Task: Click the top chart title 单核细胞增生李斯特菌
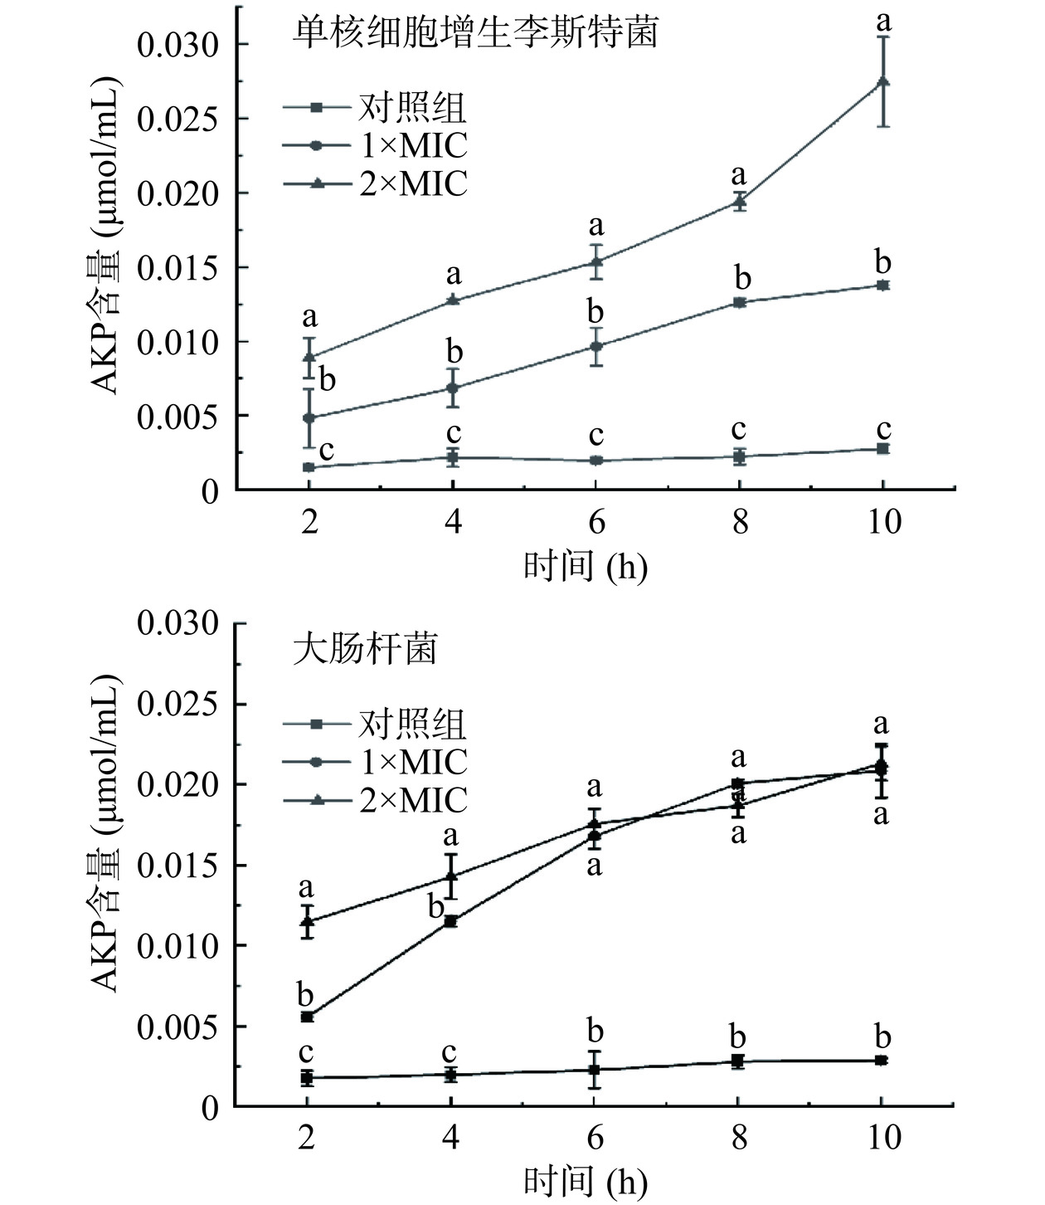coord(476,32)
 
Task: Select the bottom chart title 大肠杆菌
coord(366,648)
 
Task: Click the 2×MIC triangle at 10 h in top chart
coord(883,81)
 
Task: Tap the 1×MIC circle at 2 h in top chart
coord(309,417)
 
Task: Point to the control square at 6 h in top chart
coord(595,461)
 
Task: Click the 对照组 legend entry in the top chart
coord(412,107)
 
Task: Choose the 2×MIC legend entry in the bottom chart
coord(413,800)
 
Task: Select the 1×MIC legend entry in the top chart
coord(413,145)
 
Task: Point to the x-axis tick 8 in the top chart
coord(739,523)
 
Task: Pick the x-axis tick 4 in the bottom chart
coord(451,1137)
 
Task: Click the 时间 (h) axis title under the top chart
coord(585,568)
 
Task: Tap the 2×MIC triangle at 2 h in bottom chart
coord(308,921)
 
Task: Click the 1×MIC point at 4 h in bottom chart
coord(451,921)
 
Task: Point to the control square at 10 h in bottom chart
coord(881,1060)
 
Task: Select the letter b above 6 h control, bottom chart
coord(595,1032)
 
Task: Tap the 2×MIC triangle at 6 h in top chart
coord(595,261)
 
